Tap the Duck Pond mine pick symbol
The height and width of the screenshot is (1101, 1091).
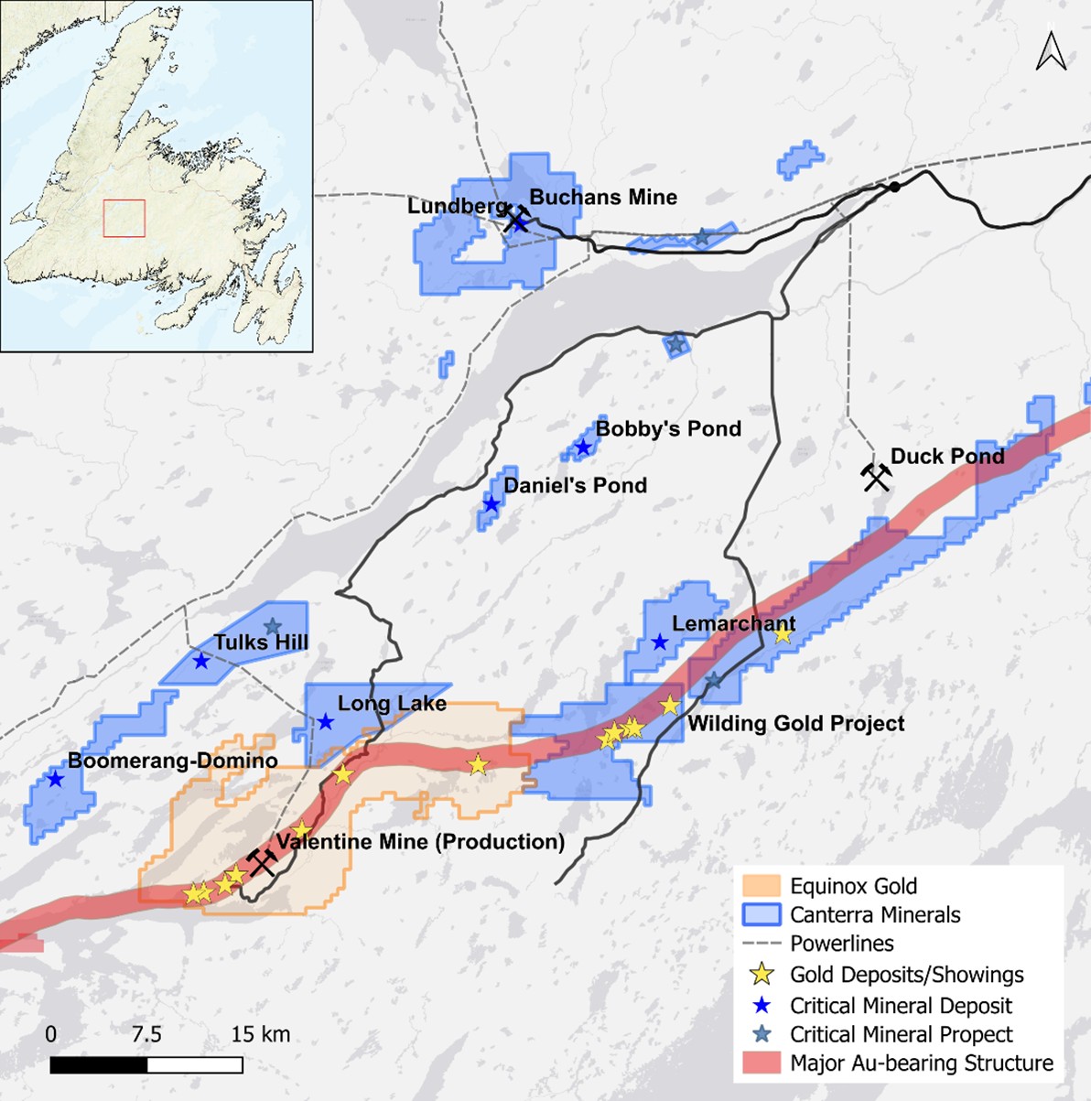click(876, 477)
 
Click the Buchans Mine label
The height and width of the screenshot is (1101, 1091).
click(603, 197)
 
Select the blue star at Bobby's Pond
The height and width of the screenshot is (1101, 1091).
click(583, 448)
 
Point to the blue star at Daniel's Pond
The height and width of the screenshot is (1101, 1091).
click(491, 504)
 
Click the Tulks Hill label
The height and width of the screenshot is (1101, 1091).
click(261, 642)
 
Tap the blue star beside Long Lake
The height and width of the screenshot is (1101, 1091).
click(325, 722)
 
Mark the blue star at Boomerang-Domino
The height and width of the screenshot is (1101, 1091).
click(56, 780)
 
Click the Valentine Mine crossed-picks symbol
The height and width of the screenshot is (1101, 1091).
click(263, 861)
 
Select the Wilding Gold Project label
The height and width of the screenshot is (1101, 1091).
click(795, 724)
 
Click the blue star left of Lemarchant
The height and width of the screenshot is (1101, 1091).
click(659, 642)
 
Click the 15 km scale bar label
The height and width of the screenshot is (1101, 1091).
click(260, 1034)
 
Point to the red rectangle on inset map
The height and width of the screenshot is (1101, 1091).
click(124, 218)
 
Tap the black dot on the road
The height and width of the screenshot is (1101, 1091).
click(894, 187)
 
